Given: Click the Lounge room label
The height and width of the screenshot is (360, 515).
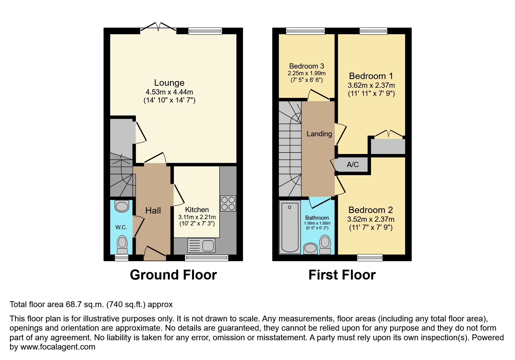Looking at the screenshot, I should [169, 83].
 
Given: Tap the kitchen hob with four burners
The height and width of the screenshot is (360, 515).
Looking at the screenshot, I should [228, 203].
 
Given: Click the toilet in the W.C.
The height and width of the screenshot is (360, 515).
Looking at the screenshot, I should [122, 245].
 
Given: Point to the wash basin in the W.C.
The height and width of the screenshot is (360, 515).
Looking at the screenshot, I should [122, 206].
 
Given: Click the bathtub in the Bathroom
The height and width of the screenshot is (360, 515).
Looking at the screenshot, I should [290, 227].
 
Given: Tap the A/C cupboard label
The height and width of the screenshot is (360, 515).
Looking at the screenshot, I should [352, 165].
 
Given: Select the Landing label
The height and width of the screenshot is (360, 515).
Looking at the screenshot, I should [319, 134].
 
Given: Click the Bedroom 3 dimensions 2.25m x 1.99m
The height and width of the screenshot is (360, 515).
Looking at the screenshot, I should [306, 74].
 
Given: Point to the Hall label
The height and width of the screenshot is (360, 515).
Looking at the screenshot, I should [153, 211].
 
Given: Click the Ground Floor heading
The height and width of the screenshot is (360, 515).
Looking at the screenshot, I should [173, 275].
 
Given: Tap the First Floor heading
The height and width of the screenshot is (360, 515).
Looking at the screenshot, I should [342, 275].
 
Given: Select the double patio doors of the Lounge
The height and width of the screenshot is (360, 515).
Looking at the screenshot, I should [158, 27].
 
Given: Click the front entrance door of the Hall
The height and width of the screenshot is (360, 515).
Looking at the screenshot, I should [155, 253].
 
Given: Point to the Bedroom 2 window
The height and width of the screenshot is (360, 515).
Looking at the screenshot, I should [370, 257].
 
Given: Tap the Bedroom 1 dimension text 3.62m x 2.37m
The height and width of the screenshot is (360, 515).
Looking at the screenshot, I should [371, 85].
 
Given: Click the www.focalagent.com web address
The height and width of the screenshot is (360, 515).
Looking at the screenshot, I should [58, 347].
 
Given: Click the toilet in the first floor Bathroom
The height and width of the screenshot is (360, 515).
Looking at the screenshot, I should [325, 245].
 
